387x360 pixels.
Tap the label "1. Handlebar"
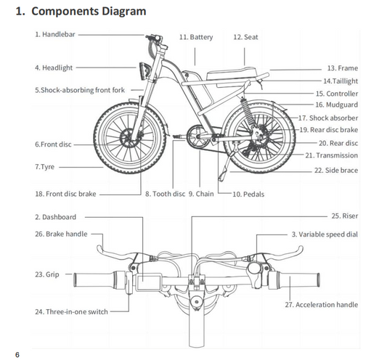(54, 34)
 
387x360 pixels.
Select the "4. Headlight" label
(54, 67)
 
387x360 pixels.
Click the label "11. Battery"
(195, 37)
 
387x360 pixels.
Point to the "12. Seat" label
(245, 37)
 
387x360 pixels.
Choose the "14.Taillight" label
(340, 81)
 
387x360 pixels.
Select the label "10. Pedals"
(249, 195)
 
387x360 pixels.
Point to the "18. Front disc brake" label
(65, 195)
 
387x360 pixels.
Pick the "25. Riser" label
(343, 216)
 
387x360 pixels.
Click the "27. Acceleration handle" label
(320, 305)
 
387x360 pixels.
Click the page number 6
(17, 354)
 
